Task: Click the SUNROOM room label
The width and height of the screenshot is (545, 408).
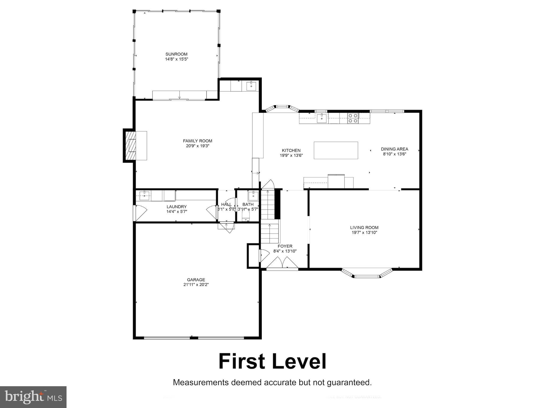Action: pyautogui.click(x=176, y=54)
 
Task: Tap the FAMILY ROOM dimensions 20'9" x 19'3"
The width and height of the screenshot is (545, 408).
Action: pyautogui.click(x=197, y=146)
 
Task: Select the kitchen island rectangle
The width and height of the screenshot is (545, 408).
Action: pyautogui.click(x=336, y=150)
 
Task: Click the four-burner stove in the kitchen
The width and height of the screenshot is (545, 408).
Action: pyautogui.click(x=353, y=118)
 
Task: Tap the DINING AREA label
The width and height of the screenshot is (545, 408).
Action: pyautogui.click(x=394, y=149)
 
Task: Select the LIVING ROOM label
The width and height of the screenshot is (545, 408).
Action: pyautogui.click(x=364, y=227)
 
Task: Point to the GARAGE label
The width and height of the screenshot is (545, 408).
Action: pyautogui.click(x=196, y=280)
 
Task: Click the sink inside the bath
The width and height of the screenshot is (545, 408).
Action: pyautogui.click(x=253, y=196)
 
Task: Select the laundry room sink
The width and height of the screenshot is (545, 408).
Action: pyautogui.click(x=144, y=196)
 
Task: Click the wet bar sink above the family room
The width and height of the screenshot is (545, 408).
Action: pyautogui.click(x=251, y=86)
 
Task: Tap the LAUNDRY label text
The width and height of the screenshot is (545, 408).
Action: pyautogui.click(x=176, y=207)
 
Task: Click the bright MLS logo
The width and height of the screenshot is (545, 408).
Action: pyautogui.click(x=33, y=397)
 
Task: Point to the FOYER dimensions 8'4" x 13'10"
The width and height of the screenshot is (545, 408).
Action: pyautogui.click(x=285, y=251)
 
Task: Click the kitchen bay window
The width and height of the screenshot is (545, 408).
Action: pyautogui.click(x=281, y=108)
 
